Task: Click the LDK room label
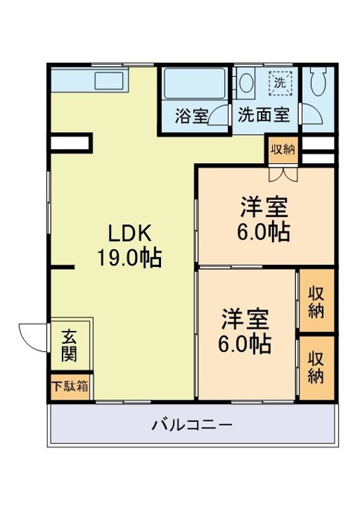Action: (x=130, y=233)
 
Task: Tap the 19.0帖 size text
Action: (x=130, y=258)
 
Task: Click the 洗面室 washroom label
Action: (x=264, y=115)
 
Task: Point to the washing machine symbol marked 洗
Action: (x=280, y=83)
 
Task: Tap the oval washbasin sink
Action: (x=247, y=83)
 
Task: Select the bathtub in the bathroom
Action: (x=195, y=84)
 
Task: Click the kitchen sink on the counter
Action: (x=109, y=81)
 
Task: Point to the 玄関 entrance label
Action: (x=69, y=345)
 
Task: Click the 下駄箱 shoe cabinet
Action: (x=70, y=387)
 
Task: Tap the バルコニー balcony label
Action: (x=192, y=424)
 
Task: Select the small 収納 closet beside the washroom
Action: (x=282, y=150)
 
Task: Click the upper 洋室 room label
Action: (x=264, y=207)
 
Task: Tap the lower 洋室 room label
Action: (x=244, y=319)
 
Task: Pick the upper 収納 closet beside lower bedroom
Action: (x=316, y=302)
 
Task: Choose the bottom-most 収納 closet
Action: (x=316, y=368)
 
